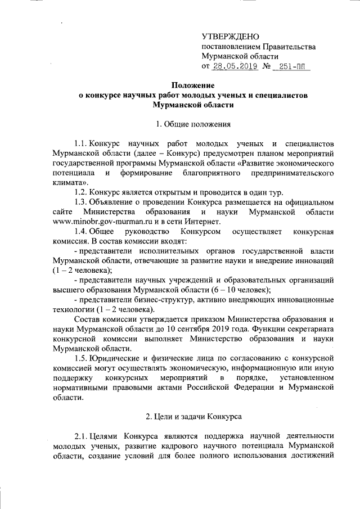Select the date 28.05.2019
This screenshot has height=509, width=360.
[x=235, y=66]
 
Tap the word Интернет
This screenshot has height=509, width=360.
[x=188, y=237]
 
